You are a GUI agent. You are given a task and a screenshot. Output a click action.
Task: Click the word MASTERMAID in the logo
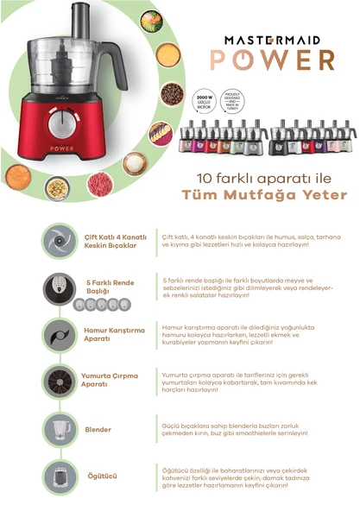[278, 40]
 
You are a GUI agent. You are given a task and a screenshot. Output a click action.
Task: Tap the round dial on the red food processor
[59, 123]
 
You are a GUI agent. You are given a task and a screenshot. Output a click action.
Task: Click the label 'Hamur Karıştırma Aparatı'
[110, 334]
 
